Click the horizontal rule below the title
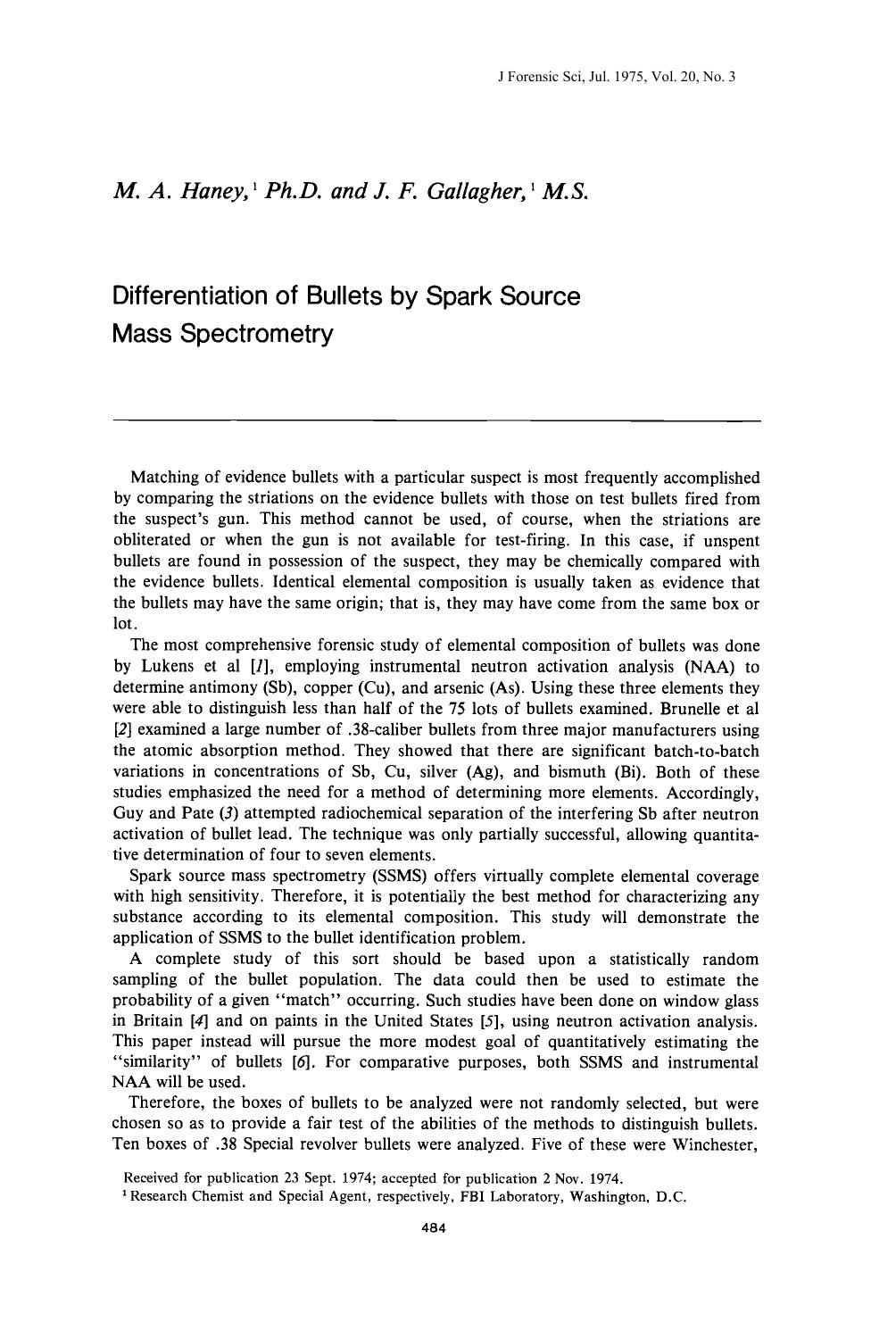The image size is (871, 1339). coord(437,420)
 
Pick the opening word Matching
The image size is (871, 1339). coord(162,478)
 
